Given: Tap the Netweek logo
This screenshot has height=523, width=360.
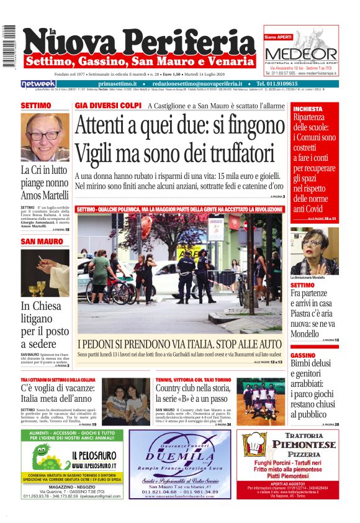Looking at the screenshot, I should coord(38,84).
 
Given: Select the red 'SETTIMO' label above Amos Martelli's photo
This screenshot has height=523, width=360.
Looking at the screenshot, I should coord(36,106).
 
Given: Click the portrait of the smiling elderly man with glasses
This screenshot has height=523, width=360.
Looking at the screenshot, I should coord(45,136).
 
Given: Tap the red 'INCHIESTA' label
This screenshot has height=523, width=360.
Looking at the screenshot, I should coord(308,109).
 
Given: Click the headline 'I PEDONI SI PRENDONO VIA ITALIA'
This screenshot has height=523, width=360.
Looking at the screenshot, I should coord(180,344).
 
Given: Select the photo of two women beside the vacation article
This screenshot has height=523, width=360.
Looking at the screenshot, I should coord(125,401).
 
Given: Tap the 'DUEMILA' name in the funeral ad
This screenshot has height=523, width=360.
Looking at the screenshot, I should coord(179,454).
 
